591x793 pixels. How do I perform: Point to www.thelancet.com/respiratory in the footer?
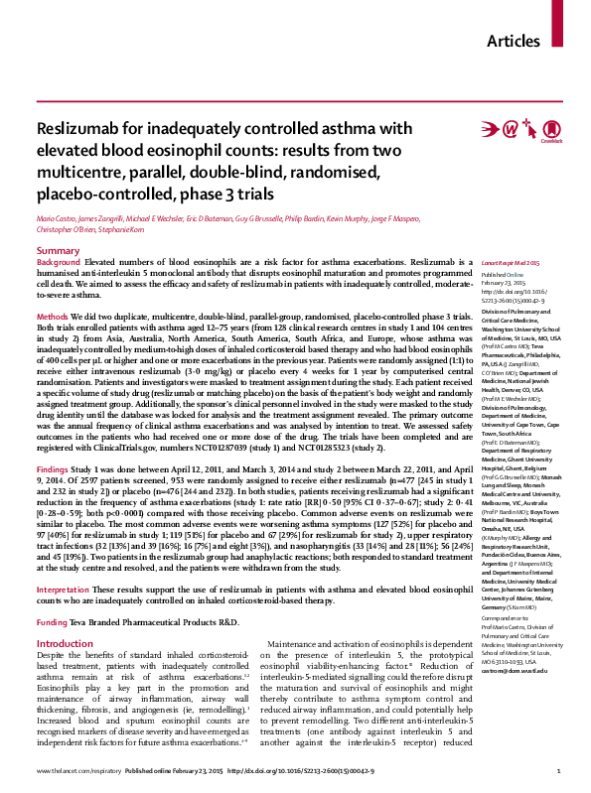72,771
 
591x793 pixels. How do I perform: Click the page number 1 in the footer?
559,771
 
